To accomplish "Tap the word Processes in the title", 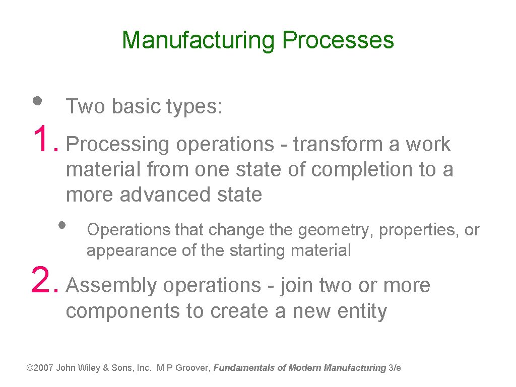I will pyautogui.click(x=338, y=40).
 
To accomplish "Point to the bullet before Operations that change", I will pyautogui.click(x=62, y=224).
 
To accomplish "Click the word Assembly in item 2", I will pyautogui.click(x=111, y=286).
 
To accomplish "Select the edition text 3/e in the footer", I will pyautogui.click(x=395, y=368).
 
